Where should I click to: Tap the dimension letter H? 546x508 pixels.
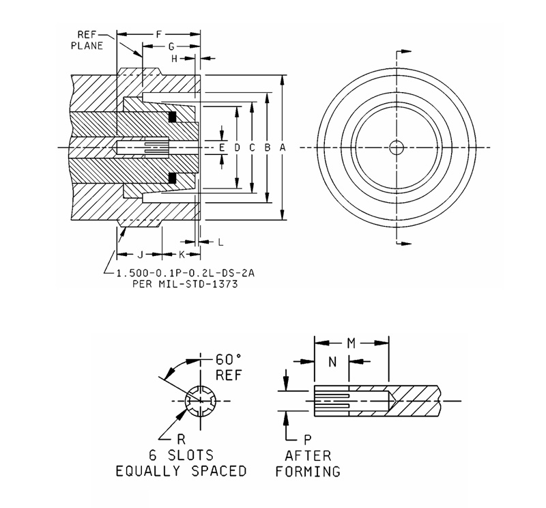coord(174,59)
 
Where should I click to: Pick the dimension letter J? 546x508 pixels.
coord(139,255)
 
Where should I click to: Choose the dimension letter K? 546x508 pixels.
coord(182,255)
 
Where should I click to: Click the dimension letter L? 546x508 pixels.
coord(220,242)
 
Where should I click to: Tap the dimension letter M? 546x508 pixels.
coord(351,341)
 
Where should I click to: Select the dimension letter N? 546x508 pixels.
coord(331,363)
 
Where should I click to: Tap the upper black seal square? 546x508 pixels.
coord(172,116)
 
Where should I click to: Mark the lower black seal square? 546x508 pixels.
coord(172,178)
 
